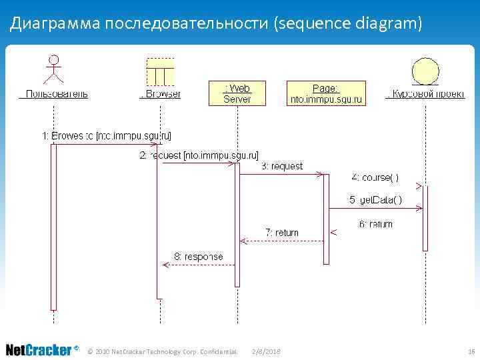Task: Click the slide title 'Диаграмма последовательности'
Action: click(x=217, y=24)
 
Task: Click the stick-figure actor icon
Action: click(x=54, y=70)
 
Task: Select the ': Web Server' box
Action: click(x=237, y=93)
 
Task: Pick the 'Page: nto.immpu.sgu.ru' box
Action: click(x=326, y=93)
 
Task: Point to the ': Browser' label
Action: click(x=160, y=94)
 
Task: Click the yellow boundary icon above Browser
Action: click(x=160, y=71)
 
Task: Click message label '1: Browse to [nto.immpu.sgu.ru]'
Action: click(x=107, y=136)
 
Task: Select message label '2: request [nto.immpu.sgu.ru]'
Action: click(x=189, y=155)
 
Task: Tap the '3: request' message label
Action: click(x=281, y=166)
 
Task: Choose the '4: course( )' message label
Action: click(x=375, y=177)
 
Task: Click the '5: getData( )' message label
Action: click(x=375, y=200)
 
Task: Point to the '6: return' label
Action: click(x=376, y=224)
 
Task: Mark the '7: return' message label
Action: click(x=282, y=233)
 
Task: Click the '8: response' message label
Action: click(x=199, y=256)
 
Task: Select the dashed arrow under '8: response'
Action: click(x=199, y=265)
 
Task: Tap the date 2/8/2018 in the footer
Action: click(x=267, y=351)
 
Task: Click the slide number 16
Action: click(x=471, y=351)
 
